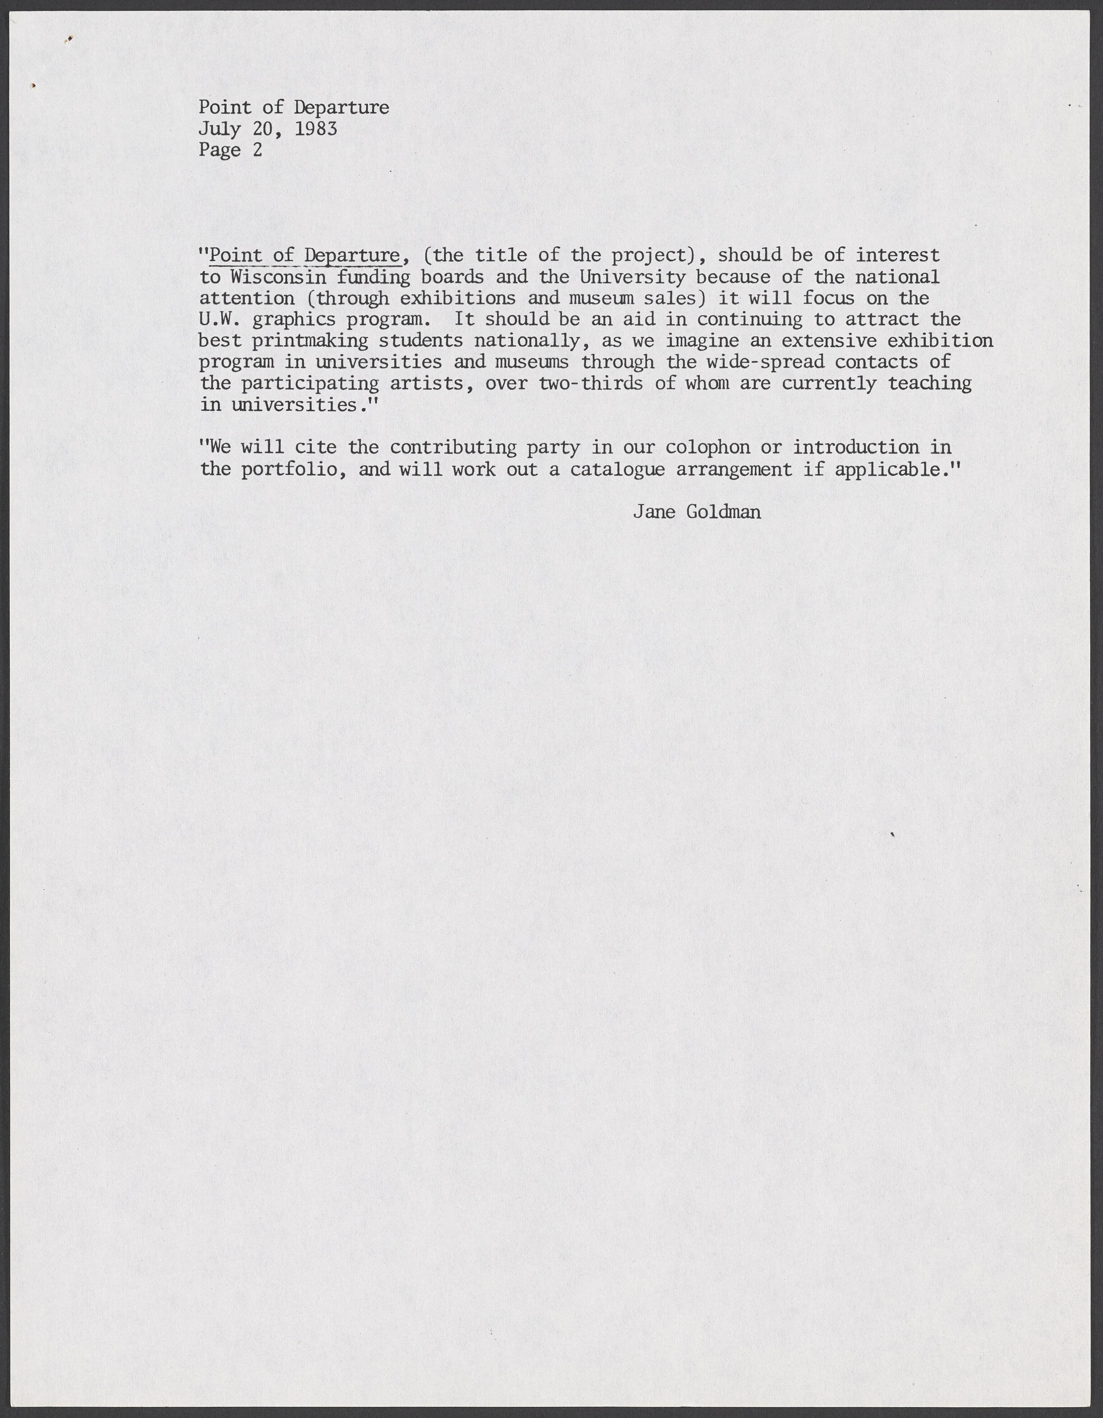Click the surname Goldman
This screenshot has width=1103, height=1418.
723,512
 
